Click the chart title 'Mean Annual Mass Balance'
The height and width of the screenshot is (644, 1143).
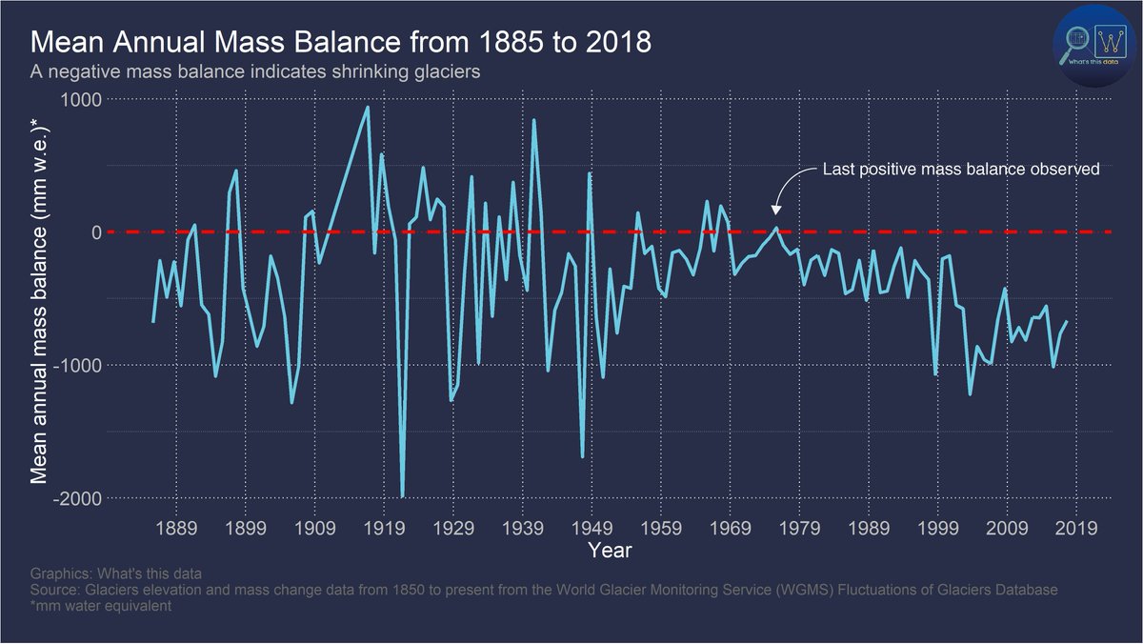click(341, 43)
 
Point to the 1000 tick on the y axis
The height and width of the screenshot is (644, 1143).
click(82, 99)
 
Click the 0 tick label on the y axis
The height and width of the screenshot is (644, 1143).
click(95, 232)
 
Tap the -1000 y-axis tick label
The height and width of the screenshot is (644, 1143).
click(78, 366)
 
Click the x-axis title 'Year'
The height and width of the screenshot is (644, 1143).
click(610, 551)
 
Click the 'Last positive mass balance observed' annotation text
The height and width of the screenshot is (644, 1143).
click(960, 170)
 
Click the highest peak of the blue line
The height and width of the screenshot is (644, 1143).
click(368, 107)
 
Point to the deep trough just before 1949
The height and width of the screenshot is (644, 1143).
click(583, 456)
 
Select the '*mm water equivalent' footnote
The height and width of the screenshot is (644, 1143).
click(101, 606)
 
